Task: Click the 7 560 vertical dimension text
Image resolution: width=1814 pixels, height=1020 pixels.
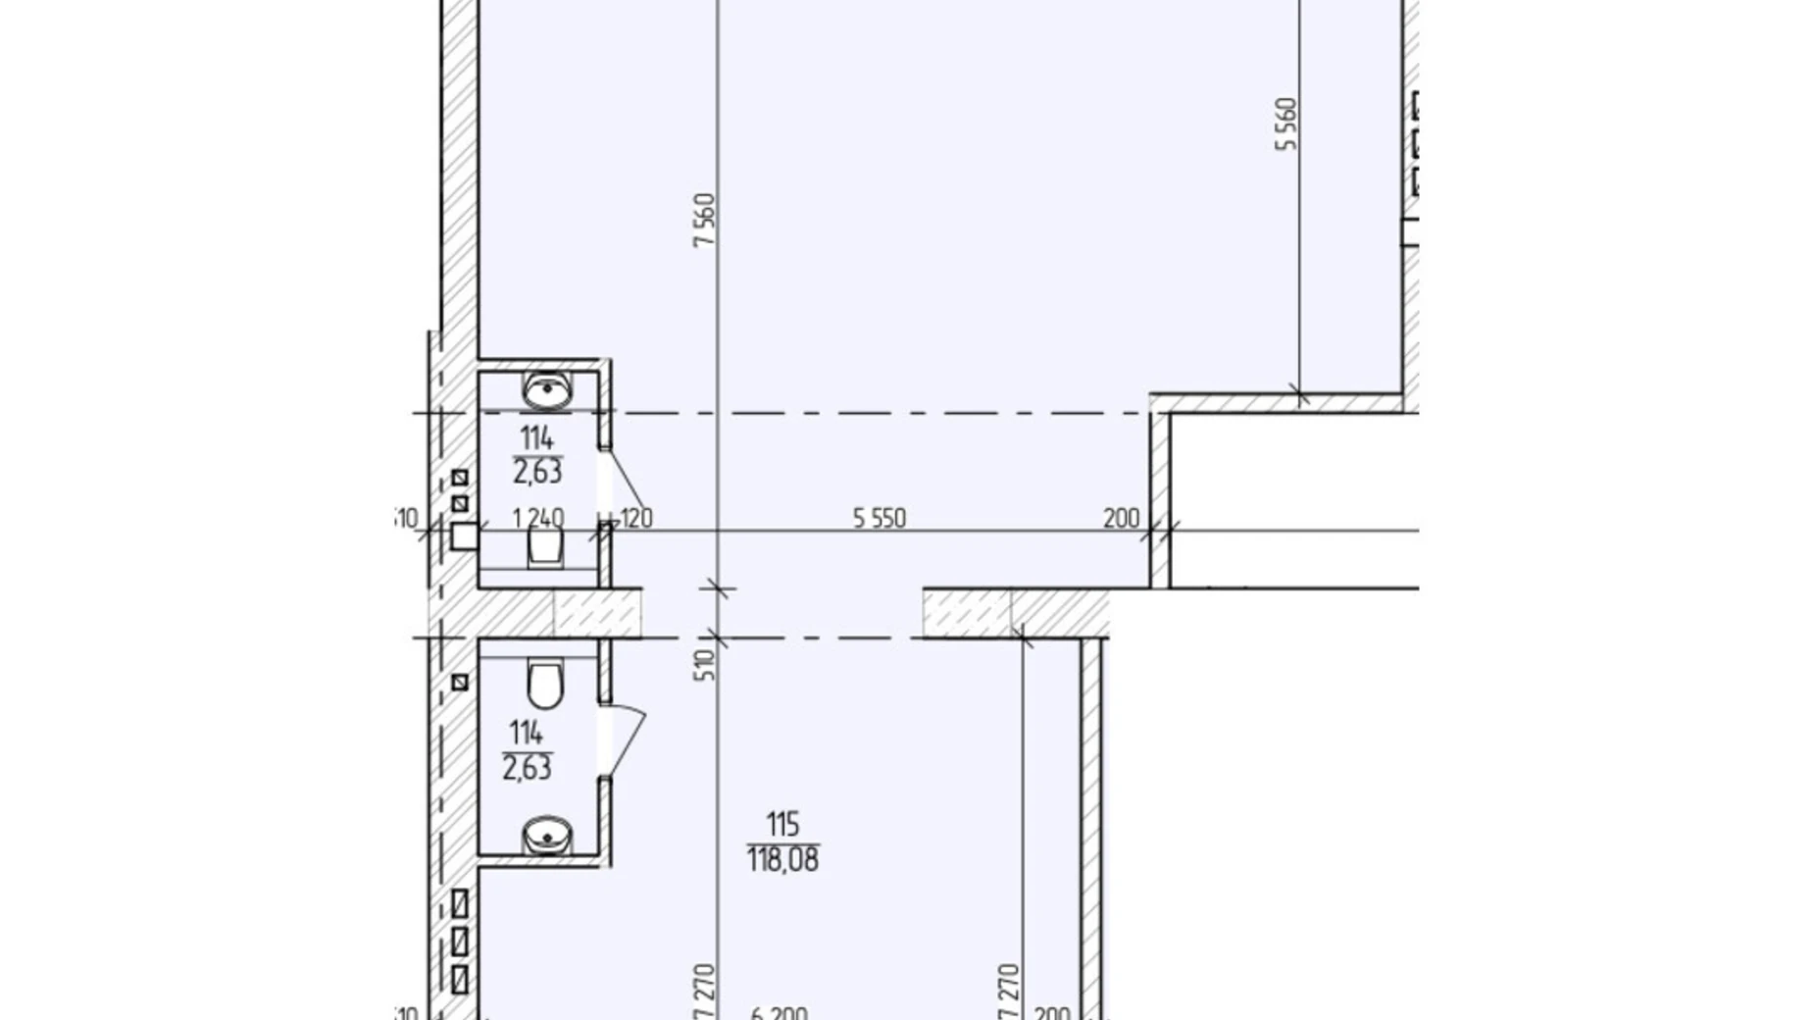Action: click(x=704, y=220)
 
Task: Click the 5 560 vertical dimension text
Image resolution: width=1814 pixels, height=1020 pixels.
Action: click(x=1285, y=124)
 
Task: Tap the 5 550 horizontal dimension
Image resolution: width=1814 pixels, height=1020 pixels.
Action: click(x=880, y=518)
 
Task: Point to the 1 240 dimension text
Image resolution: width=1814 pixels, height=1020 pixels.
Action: click(x=538, y=518)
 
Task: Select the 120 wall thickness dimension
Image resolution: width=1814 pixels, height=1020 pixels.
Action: click(x=636, y=518)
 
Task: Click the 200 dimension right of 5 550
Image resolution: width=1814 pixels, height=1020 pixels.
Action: click(x=1121, y=518)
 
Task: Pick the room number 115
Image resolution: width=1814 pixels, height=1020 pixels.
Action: click(x=782, y=824)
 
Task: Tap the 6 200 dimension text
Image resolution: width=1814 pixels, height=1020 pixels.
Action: click(x=780, y=1013)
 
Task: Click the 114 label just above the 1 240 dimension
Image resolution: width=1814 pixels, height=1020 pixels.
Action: click(x=537, y=438)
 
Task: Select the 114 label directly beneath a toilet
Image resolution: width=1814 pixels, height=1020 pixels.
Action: click(x=527, y=733)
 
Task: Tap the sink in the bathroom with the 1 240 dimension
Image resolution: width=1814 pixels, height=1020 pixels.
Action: click(x=547, y=390)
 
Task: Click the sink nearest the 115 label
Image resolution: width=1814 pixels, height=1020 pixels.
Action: click(x=547, y=836)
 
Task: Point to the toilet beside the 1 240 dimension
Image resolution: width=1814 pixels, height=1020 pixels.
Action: click(x=546, y=545)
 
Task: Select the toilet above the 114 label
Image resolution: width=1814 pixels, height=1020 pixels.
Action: click(x=546, y=684)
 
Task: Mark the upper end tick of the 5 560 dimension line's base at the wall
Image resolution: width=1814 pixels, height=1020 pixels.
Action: click(x=1300, y=396)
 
